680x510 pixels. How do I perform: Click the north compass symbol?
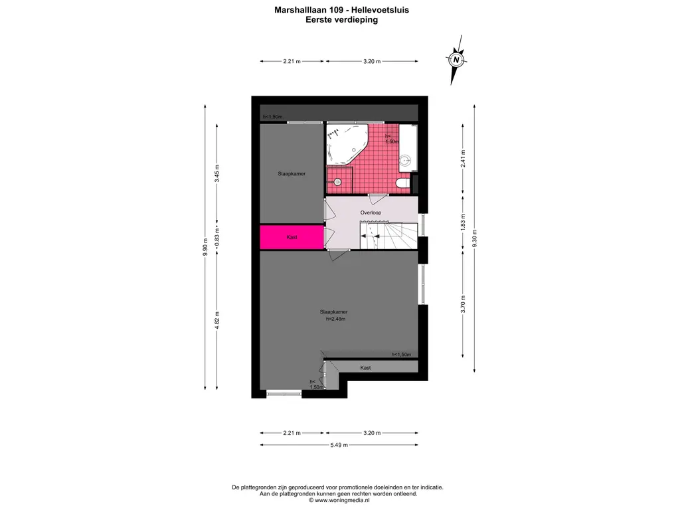456,60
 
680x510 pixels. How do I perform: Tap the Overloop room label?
371,212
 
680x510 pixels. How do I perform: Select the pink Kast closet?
292,237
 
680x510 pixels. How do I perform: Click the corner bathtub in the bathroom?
347,144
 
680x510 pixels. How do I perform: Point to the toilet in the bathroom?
403,183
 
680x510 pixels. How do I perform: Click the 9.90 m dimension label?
205,247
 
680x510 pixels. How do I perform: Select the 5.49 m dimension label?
339,444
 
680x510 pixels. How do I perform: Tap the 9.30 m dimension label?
474,238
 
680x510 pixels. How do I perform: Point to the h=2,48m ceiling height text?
335,319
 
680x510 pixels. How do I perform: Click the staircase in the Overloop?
388,236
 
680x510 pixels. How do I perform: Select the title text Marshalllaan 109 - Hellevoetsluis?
342,9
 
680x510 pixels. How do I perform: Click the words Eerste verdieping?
342,19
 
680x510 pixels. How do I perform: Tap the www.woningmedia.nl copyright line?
339,500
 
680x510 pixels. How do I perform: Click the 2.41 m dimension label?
463,158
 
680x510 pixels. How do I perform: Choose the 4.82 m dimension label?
217,320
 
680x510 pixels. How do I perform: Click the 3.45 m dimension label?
217,173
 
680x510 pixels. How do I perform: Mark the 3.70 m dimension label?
463,304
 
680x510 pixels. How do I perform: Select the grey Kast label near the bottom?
366,367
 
